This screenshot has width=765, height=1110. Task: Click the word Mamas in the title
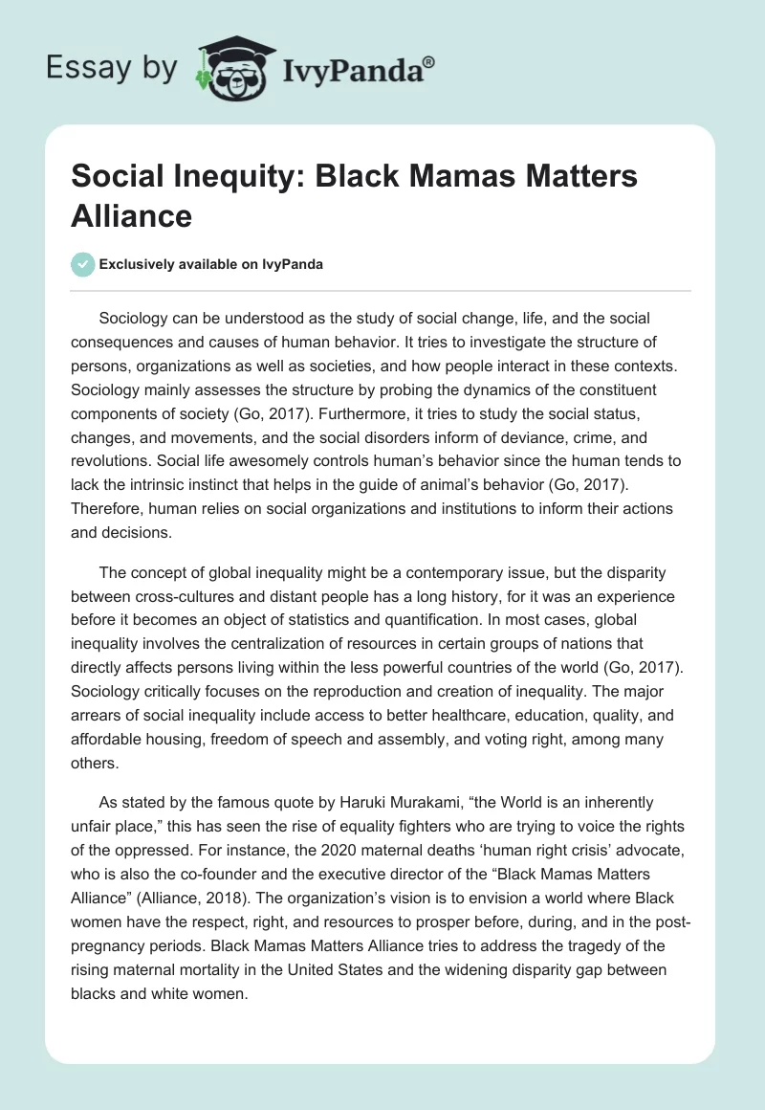(454, 177)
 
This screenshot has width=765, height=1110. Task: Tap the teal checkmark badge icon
(82, 264)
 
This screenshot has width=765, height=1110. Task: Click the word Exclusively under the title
(138, 264)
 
